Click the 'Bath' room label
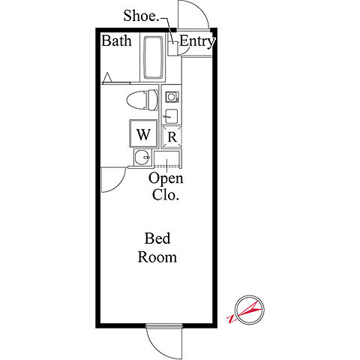pos(116,40)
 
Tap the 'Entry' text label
pos(197,41)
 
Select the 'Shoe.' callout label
pos(141,16)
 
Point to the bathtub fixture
pos(153,58)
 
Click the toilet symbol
pos(142,100)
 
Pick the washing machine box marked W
pos(143,133)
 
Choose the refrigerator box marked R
pos(172,137)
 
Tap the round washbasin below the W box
pos(142,157)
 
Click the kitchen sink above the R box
pos(171,116)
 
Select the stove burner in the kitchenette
pos(172,97)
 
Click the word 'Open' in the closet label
pos(166,179)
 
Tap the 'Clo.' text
pos(166,195)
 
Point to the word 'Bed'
pos(157,238)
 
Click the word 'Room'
pos(157,257)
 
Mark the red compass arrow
pos(249,310)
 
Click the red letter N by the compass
pos(231,319)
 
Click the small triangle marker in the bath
pos(107,77)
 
